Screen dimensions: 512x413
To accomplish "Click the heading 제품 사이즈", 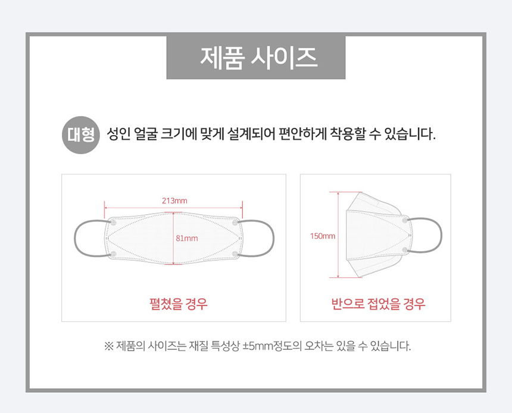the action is (258, 58).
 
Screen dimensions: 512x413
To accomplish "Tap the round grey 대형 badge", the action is (80, 135).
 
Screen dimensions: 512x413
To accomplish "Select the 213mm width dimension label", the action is (174, 201).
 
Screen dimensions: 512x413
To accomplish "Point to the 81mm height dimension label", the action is (187, 238).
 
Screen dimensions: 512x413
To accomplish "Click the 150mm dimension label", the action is (323, 236).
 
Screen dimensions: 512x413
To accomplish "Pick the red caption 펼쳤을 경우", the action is (178, 304).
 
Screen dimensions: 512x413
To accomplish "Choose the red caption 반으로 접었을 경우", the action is (378, 304).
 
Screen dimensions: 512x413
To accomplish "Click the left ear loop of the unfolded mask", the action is (75, 238).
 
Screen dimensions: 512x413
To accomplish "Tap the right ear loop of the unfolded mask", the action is (274, 238).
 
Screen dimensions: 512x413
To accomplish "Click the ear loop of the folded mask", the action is (441, 234).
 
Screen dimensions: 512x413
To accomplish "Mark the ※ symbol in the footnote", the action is (109, 346).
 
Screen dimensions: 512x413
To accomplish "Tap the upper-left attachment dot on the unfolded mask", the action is (114, 223).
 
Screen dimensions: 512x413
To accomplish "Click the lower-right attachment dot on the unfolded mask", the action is (235, 254).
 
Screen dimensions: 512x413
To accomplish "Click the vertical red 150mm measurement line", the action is (338, 234).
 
